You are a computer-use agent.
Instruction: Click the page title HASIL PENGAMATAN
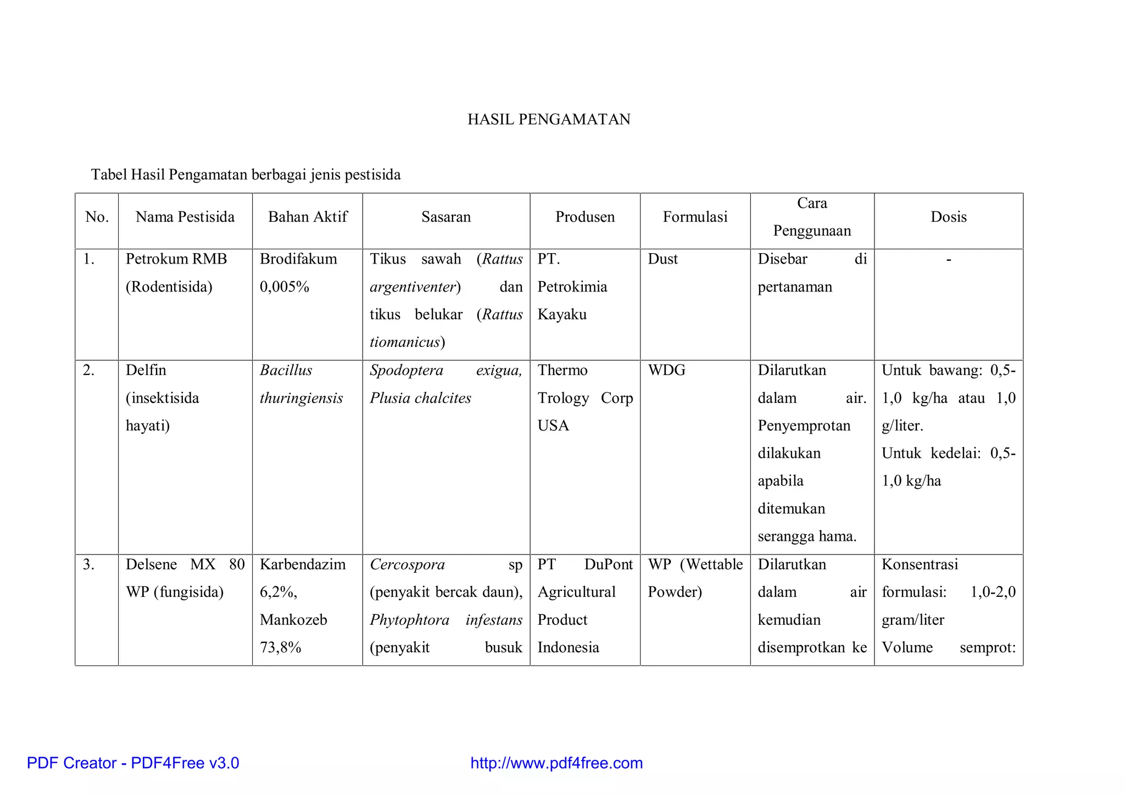pos(549,119)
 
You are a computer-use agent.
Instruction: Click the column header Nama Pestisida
pos(185,217)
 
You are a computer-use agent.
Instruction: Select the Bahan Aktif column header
pos(308,217)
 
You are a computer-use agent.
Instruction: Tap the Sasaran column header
pos(446,217)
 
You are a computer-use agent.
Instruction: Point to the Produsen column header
pos(585,217)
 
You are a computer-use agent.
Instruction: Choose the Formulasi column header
pos(695,217)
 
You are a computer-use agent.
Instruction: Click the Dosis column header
pos(949,217)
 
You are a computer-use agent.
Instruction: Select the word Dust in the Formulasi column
pos(662,259)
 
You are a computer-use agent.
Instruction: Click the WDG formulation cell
pos(666,370)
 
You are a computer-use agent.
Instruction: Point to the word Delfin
pos(146,370)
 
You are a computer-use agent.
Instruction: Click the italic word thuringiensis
pos(301,398)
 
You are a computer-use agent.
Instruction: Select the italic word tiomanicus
pos(405,342)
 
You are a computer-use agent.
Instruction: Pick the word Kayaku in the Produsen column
pos(562,315)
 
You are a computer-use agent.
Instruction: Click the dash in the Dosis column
pos(949,259)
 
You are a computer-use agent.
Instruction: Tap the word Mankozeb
pos(293,620)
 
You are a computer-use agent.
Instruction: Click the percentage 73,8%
pos(281,647)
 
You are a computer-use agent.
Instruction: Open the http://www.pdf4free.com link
pos(556,763)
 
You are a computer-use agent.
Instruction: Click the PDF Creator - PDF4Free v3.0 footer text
pos(133,763)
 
